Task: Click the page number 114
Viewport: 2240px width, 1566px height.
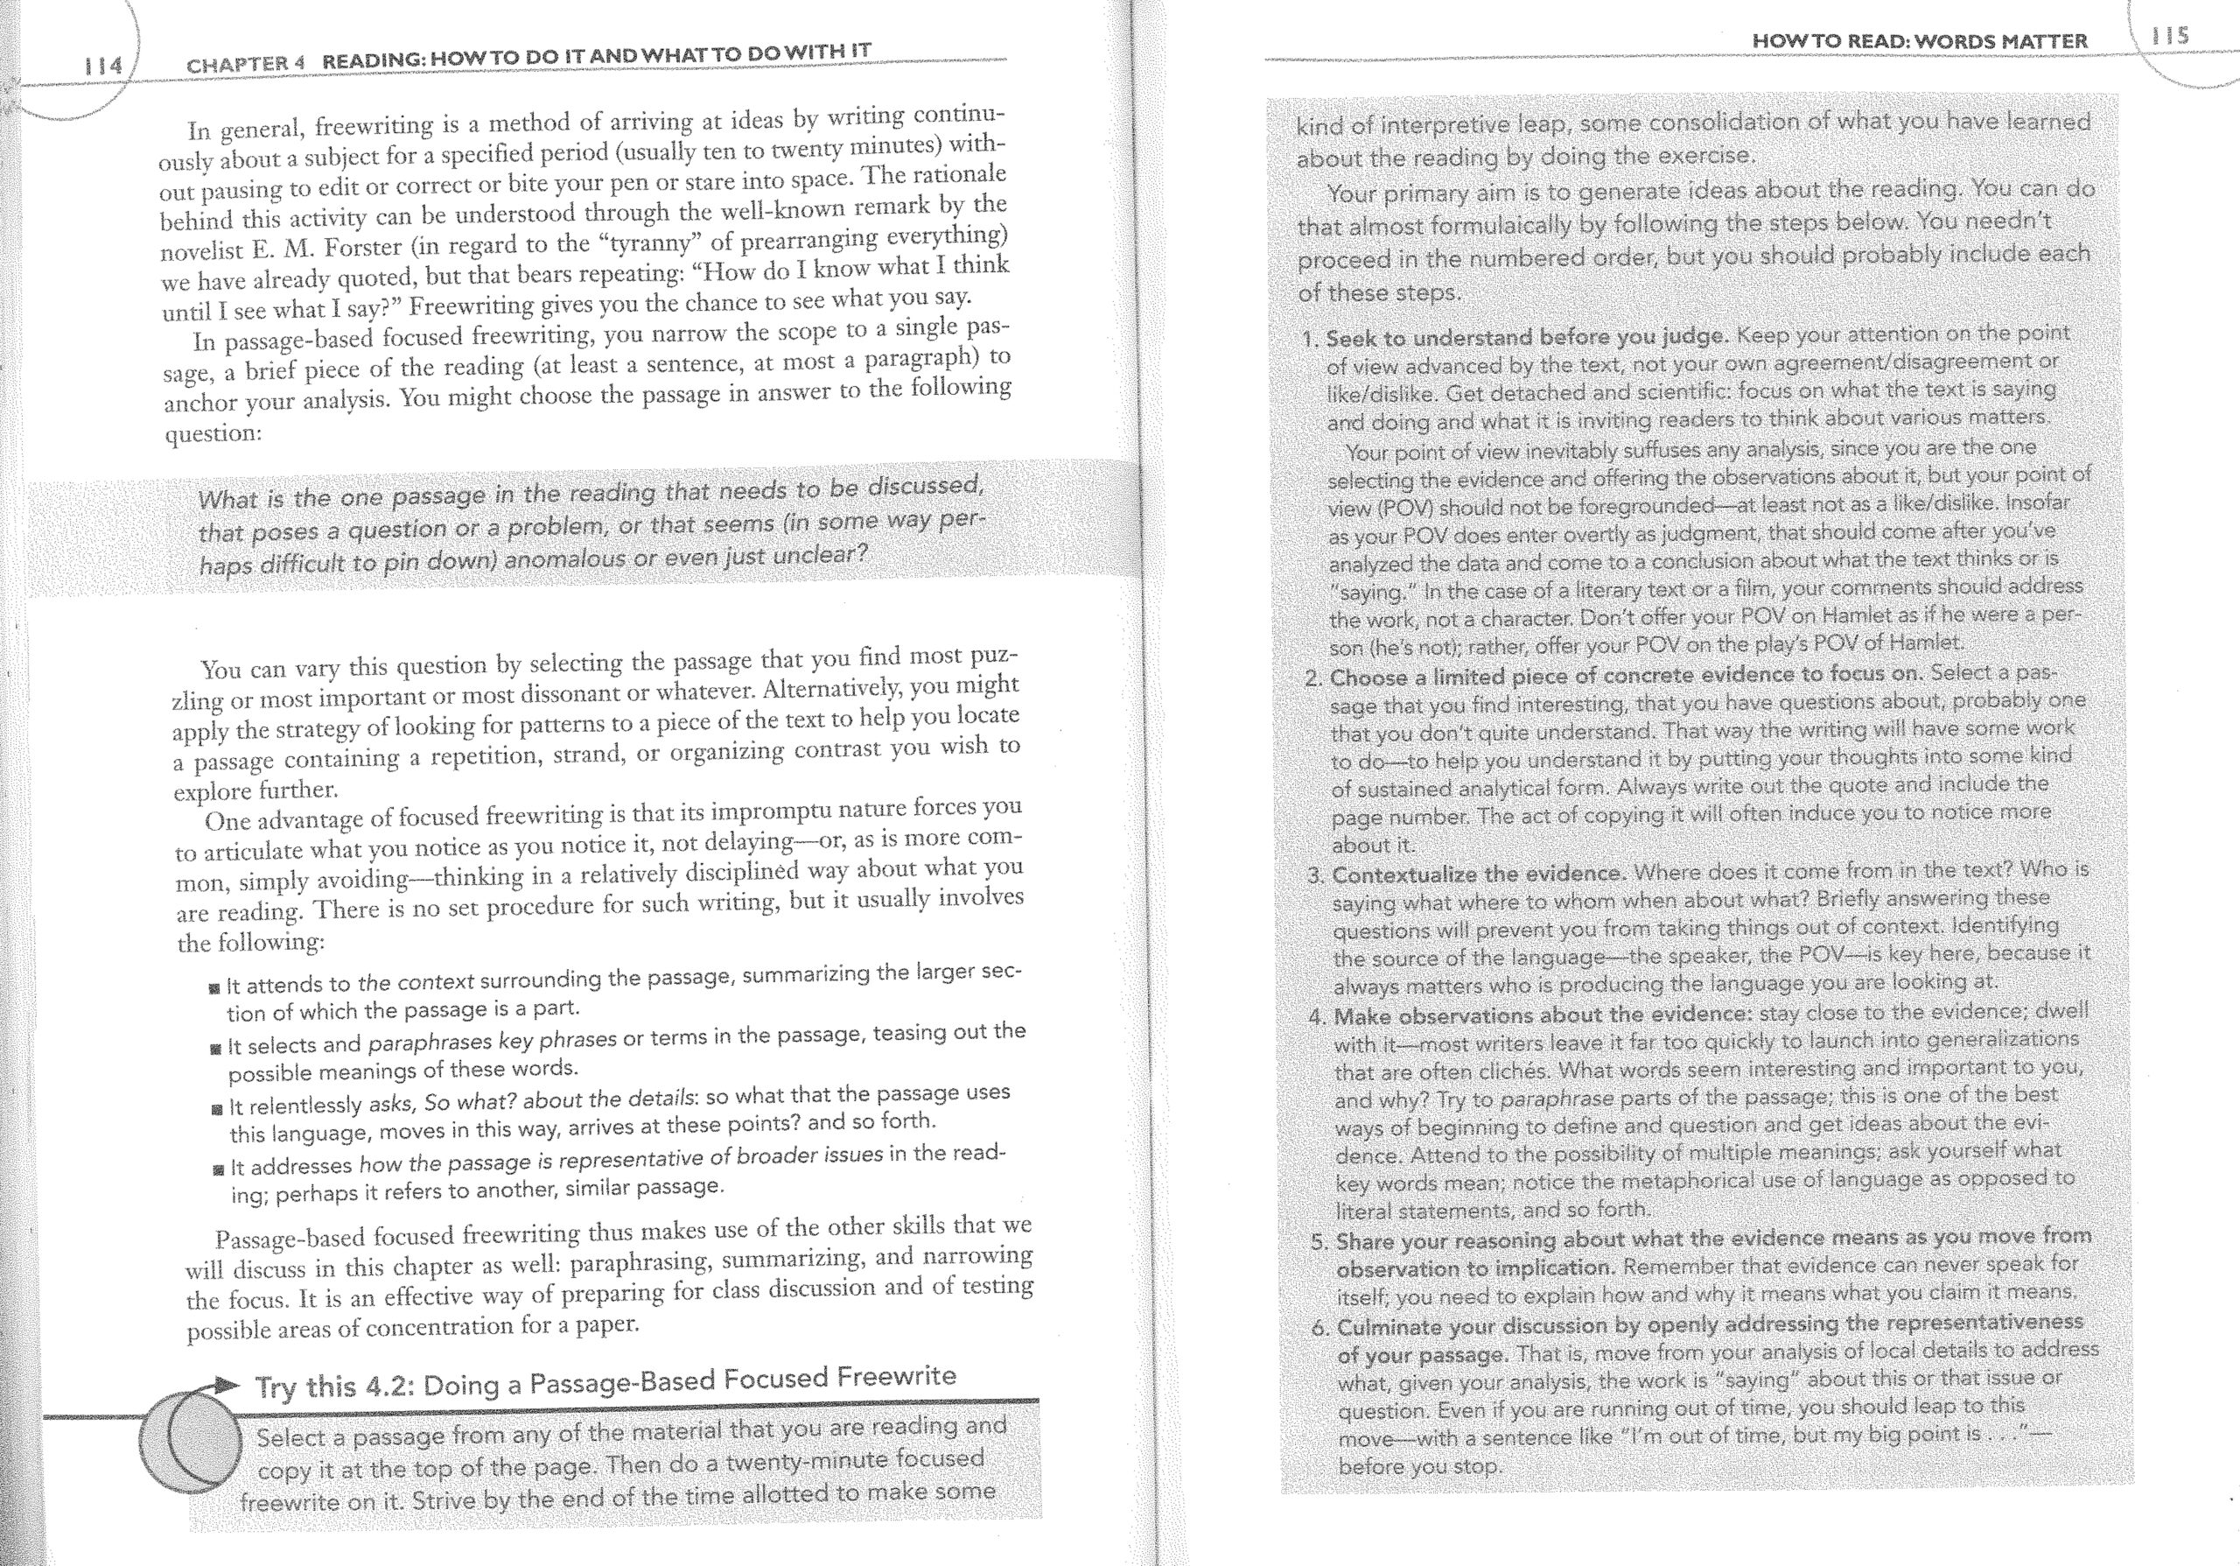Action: point(103,67)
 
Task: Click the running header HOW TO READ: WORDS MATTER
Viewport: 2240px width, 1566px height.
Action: point(1919,41)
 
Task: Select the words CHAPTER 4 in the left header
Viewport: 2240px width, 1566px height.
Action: point(246,65)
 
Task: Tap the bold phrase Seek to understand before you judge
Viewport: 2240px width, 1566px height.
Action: point(1527,338)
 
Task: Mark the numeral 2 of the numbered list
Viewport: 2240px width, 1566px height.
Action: point(1313,678)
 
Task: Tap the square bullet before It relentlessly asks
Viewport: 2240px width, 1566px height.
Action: point(217,1109)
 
